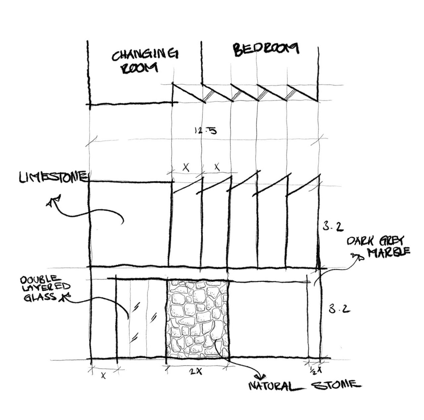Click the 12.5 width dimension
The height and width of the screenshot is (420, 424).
tap(205, 130)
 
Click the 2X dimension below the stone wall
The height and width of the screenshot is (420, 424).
tap(196, 372)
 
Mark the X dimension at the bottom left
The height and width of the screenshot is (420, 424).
tap(104, 376)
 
